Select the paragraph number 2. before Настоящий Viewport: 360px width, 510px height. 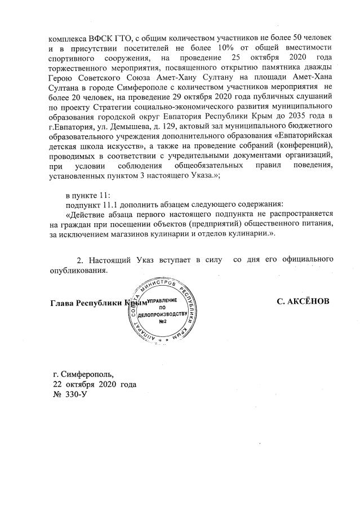pyautogui.click(x=79, y=259)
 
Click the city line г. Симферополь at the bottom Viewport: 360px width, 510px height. pyautogui.click(x=82, y=374)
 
